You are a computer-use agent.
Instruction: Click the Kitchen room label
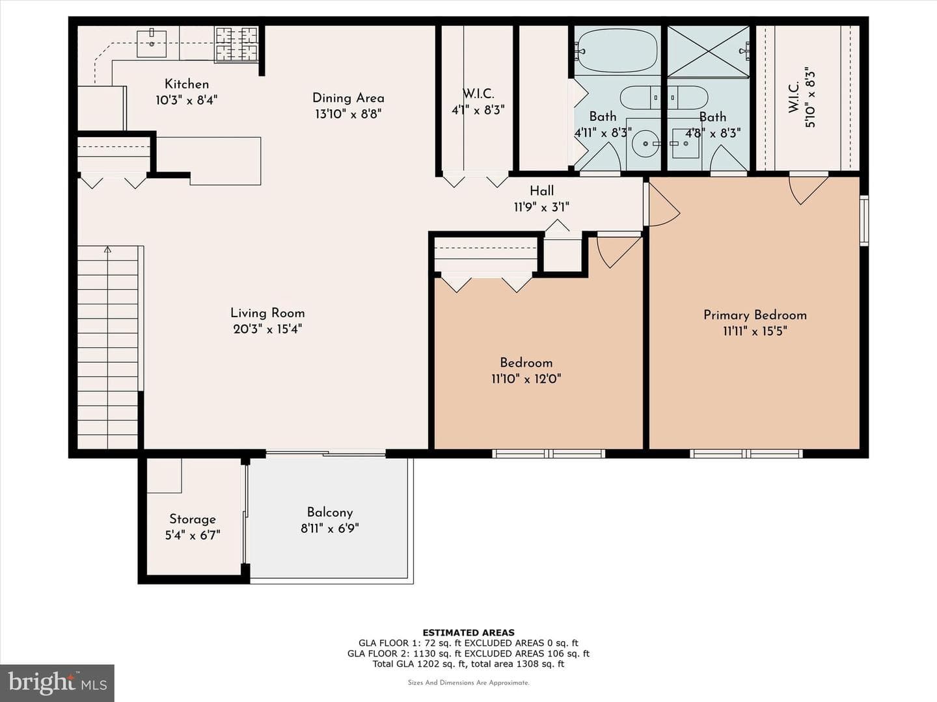click(x=187, y=84)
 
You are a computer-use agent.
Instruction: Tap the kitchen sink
click(x=152, y=43)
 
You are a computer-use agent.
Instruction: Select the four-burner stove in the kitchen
click(x=236, y=44)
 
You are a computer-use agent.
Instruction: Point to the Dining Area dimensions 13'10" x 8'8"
click(x=348, y=114)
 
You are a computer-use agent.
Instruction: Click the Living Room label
click(x=267, y=313)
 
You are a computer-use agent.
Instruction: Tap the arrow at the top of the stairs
click(x=107, y=250)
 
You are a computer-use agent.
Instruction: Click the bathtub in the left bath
click(x=616, y=51)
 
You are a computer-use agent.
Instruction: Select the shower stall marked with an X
click(x=708, y=51)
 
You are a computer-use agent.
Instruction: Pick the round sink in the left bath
click(x=645, y=144)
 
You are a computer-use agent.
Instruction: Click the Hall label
click(x=542, y=190)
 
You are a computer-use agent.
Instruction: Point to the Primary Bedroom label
click(x=755, y=315)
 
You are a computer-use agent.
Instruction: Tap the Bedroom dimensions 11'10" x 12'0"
click(x=526, y=378)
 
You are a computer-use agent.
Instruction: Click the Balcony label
click(x=329, y=512)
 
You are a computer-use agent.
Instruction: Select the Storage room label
click(x=193, y=519)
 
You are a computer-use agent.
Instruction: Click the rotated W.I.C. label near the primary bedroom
click(x=794, y=97)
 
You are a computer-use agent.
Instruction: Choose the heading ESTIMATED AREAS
click(x=468, y=632)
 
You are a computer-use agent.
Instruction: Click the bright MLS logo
click(x=57, y=682)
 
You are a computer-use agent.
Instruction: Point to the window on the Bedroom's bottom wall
click(x=549, y=454)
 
